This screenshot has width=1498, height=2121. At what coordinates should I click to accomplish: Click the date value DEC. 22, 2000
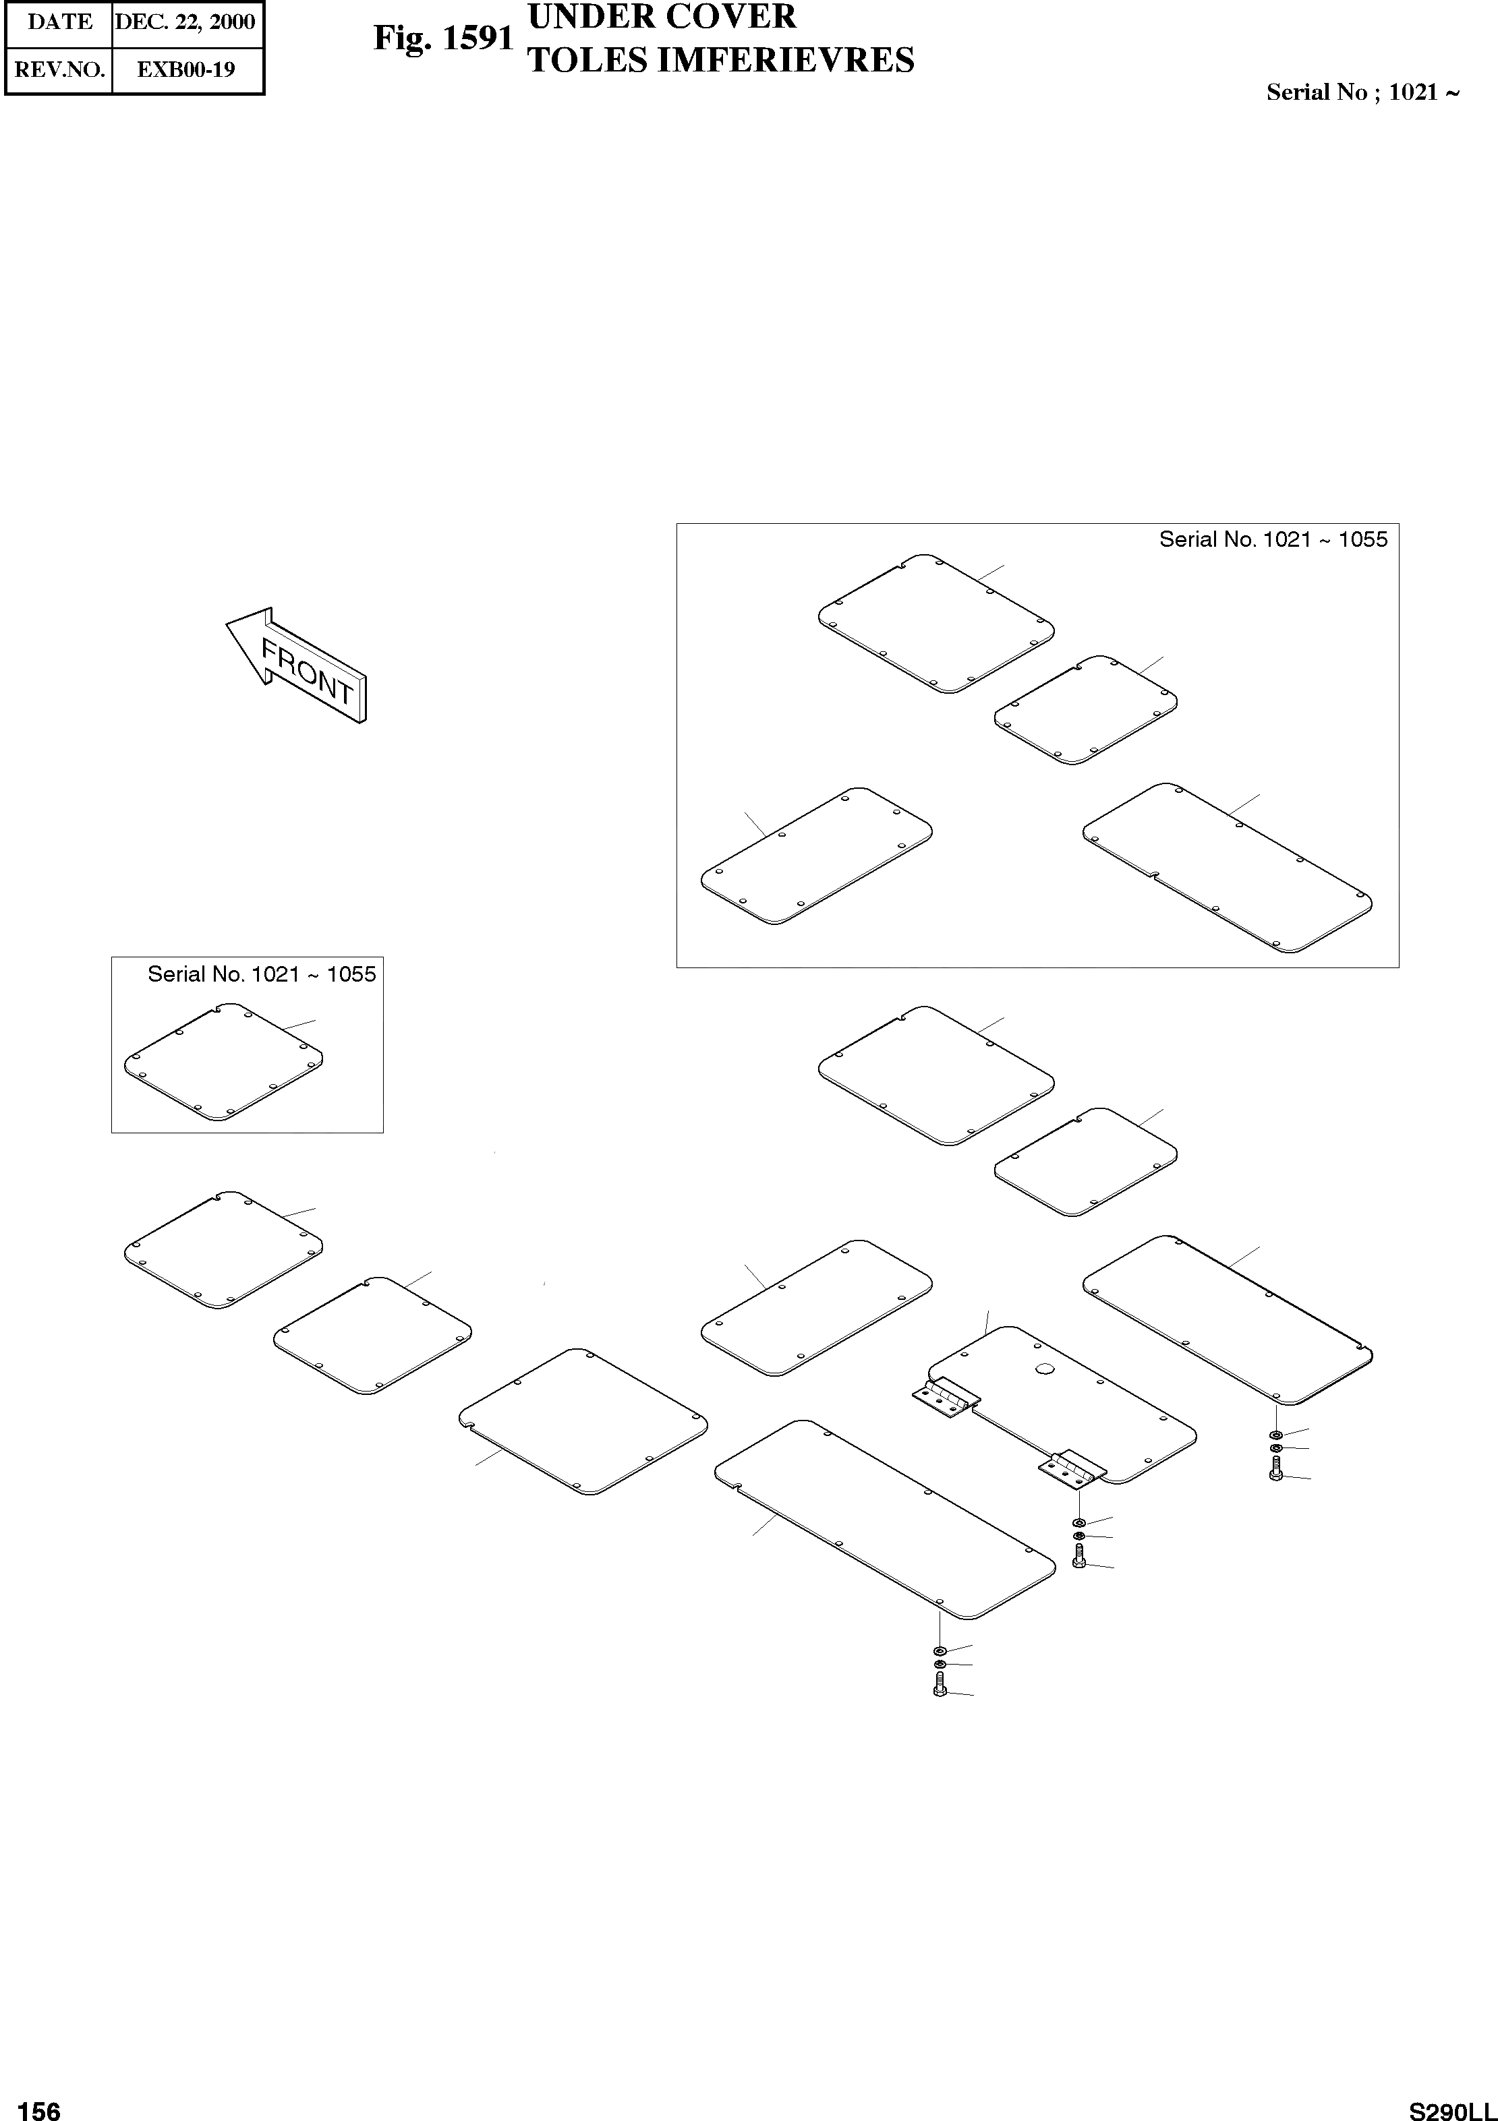[x=185, y=22]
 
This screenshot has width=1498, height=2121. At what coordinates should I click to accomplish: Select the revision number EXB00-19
[x=185, y=69]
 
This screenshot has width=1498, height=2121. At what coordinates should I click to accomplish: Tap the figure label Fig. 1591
[x=442, y=38]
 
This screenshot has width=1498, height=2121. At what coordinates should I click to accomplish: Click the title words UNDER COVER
[x=661, y=17]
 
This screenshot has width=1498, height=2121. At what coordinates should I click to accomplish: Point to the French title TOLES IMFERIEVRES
[x=720, y=60]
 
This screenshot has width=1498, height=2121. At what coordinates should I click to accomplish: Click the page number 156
[x=39, y=2109]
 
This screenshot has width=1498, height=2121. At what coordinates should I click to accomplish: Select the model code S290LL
[x=1451, y=2109]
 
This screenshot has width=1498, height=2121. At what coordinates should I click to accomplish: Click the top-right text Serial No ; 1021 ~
[x=1362, y=92]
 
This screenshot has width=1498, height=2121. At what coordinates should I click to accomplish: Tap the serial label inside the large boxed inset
[x=1273, y=539]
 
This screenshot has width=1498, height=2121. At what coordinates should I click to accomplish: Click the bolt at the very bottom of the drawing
[x=940, y=1690]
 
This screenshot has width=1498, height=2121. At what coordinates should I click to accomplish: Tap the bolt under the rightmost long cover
[x=1275, y=1472]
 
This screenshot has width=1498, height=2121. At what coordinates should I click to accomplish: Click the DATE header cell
[x=60, y=22]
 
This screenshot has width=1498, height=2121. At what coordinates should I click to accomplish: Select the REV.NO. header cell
[x=60, y=69]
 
